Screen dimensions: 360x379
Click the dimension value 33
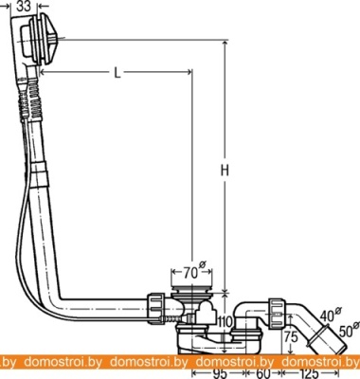point(24,6)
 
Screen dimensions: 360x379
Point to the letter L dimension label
point(117,73)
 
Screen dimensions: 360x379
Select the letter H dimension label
point(225,171)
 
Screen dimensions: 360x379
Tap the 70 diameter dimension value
point(190,273)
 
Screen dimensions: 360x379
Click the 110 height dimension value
point(225,322)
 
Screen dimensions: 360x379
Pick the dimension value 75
point(291,337)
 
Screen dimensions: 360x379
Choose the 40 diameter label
point(329,315)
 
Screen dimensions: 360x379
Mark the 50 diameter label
point(347,331)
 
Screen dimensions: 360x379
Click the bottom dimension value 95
point(219,374)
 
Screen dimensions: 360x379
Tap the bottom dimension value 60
point(263,374)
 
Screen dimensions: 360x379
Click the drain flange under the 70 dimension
point(191,290)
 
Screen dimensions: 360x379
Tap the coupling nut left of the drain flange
point(156,309)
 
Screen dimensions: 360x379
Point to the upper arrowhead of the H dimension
point(225,45)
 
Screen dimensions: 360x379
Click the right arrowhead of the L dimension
point(189,73)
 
